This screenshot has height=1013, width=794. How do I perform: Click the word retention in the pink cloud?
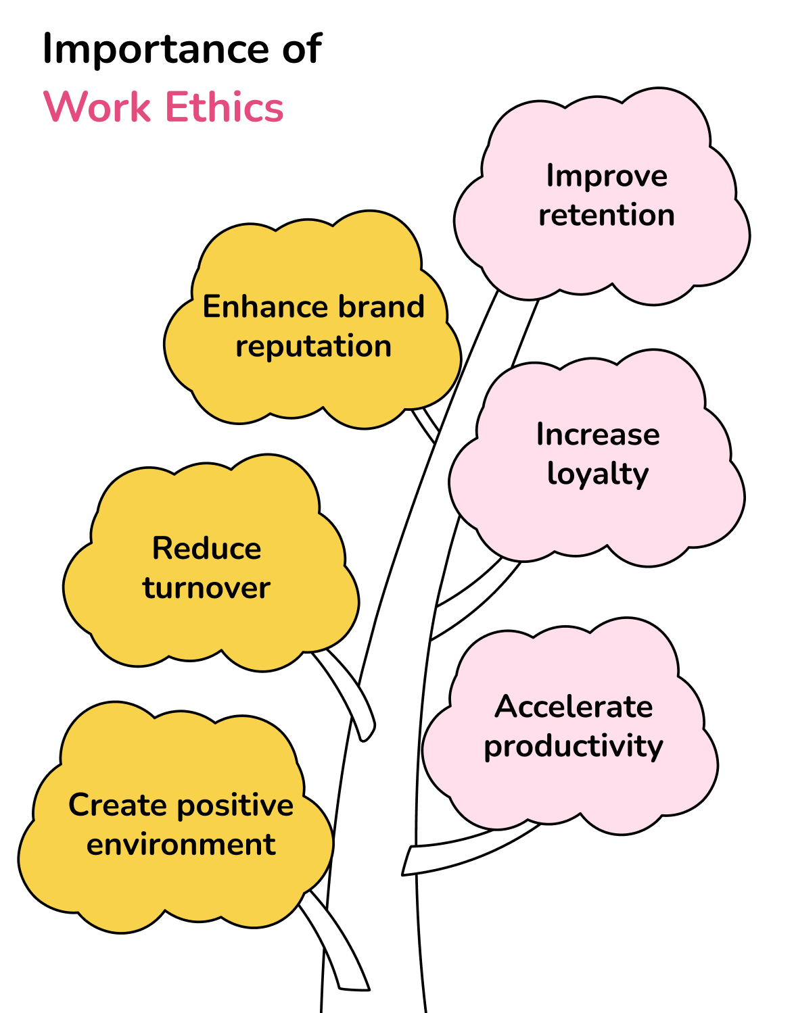coord(606,215)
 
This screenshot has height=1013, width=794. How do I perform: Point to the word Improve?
coord(607,176)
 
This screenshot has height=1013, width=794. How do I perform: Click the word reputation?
coord(313,347)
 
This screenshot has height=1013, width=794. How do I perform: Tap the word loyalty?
coord(598,474)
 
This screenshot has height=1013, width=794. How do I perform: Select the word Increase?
coord(598,435)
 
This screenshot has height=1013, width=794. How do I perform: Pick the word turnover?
coord(206,588)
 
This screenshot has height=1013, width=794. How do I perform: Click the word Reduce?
coord(206,549)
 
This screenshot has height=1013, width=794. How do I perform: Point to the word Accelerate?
coord(574,707)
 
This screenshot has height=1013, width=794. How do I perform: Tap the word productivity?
coord(574,747)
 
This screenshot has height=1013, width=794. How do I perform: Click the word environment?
coord(181,845)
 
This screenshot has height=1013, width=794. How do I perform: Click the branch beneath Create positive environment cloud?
coord(338,946)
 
